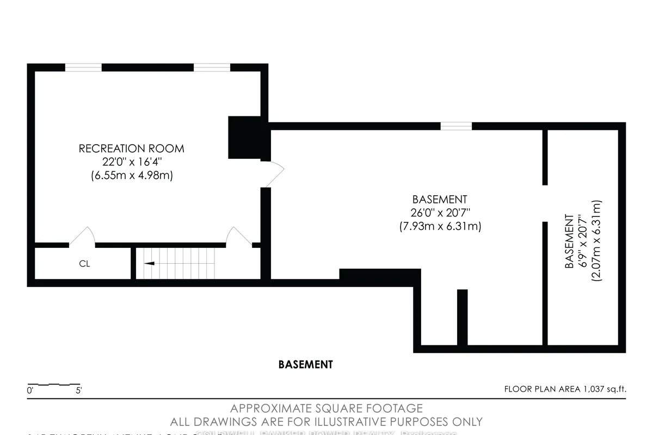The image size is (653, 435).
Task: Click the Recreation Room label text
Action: coord(131,148)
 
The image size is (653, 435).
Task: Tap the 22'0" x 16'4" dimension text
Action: coord(131,161)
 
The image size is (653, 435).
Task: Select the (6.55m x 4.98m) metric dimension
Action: coord(131,175)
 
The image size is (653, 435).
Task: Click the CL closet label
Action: coord(84,264)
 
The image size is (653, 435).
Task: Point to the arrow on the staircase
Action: coord(149,263)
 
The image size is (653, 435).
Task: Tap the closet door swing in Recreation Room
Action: coord(82,237)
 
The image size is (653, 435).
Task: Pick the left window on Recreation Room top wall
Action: coord(83,67)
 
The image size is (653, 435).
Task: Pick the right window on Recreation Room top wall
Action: coord(212,67)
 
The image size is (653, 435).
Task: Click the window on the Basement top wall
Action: coord(456,126)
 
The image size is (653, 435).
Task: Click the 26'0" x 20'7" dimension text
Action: coord(440,213)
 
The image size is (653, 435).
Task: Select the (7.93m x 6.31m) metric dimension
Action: coord(440,226)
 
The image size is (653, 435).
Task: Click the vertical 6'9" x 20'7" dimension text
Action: coord(583,241)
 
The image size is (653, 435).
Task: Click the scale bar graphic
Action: coord(53,383)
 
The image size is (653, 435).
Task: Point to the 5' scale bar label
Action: coord(79,390)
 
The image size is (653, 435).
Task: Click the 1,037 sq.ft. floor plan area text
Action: coord(565,389)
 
